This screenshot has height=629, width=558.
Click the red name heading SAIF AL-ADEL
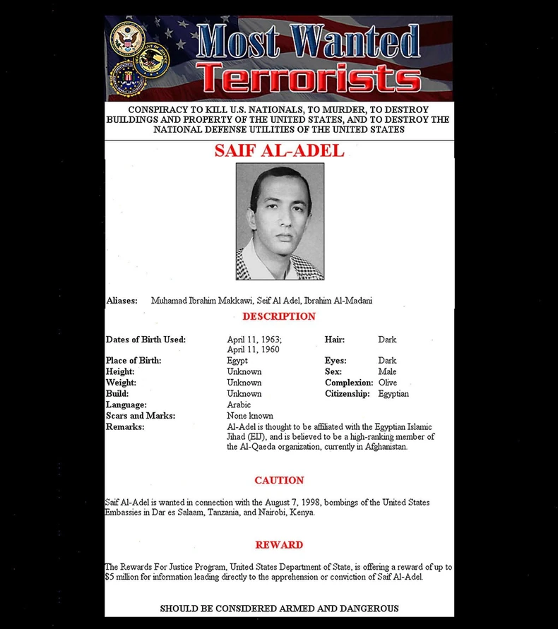click(x=279, y=150)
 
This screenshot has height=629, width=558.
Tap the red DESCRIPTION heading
click(x=279, y=316)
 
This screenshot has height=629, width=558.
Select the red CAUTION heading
click(x=279, y=480)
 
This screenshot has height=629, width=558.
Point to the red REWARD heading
click(x=279, y=545)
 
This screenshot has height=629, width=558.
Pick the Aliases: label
click(x=121, y=301)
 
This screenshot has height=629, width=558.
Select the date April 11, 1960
click(x=253, y=349)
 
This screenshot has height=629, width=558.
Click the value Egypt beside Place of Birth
click(x=237, y=361)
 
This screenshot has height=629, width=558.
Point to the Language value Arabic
click(x=239, y=405)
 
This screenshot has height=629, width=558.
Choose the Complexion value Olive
click(x=388, y=383)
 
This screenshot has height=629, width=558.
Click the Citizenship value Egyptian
click(x=393, y=393)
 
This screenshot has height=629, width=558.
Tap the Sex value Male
click(x=387, y=371)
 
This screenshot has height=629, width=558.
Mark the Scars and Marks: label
click(x=140, y=416)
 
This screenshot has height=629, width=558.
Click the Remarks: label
click(x=125, y=426)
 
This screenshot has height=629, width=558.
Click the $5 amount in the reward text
click(x=109, y=577)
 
